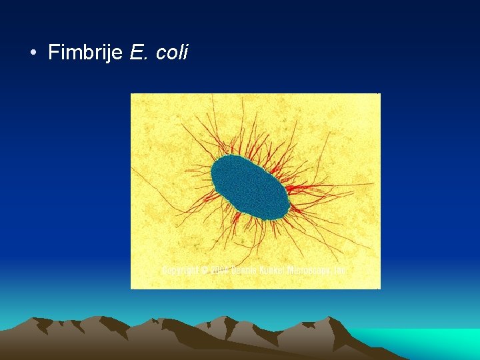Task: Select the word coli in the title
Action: (172, 53)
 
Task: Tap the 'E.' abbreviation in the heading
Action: (138, 53)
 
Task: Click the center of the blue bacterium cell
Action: (251, 187)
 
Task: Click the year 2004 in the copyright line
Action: (219, 271)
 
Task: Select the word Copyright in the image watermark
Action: (180, 271)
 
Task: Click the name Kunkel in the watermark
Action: (270, 271)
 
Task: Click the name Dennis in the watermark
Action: (244, 271)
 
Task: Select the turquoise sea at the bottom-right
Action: (427, 341)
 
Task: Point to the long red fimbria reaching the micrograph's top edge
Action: (213, 100)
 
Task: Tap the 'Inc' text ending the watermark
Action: (339, 271)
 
